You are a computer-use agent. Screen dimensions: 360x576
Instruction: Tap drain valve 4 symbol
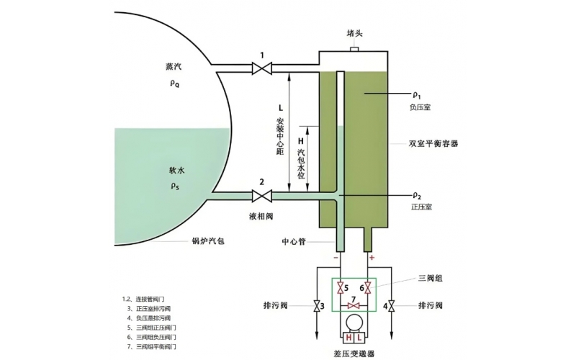coord(391,307)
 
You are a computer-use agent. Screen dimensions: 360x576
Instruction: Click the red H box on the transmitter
coord(348,338)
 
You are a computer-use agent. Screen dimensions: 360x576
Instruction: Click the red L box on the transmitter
coord(359,338)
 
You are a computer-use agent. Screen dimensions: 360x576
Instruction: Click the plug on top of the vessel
coord(354,49)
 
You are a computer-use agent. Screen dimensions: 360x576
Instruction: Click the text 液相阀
coord(262,215)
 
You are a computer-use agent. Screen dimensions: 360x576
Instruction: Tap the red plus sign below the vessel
coord(372,257)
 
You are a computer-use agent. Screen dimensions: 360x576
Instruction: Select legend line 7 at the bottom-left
coord(151,347)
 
